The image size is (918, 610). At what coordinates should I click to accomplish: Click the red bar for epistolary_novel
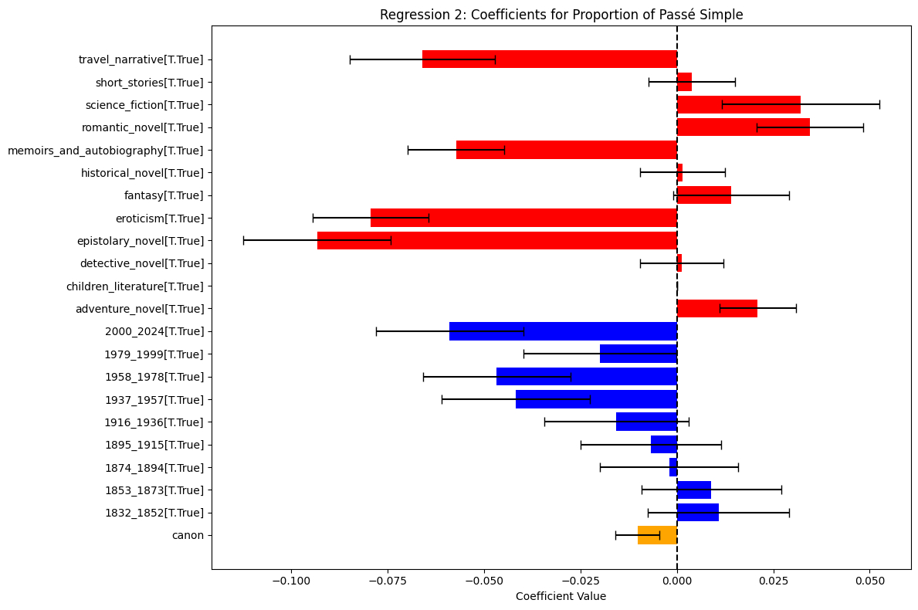coord(497,240)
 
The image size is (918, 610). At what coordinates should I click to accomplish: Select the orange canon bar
coord(657,535)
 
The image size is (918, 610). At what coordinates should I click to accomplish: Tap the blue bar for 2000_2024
coord(563,331)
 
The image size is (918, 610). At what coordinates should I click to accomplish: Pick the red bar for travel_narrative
coord(550,59)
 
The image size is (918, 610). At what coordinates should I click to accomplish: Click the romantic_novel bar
coord(744,127)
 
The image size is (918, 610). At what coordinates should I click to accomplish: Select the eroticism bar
coord(523,218)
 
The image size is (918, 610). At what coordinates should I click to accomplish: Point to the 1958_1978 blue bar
coord(587,377)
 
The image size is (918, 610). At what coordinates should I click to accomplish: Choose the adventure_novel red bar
coord(717,309)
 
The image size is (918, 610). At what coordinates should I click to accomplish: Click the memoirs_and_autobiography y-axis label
coord(106,151)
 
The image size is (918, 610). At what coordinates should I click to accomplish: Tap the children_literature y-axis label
coord(135,286)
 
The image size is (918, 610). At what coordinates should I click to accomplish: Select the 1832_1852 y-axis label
coord(154,513)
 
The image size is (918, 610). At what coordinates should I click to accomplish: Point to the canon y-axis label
coord(188,535)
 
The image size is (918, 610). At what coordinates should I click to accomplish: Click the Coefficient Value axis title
coord(561,597)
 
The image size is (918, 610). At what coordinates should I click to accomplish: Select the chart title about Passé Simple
coord(561,15)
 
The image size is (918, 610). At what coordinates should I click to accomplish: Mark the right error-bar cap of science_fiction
coord(879,104)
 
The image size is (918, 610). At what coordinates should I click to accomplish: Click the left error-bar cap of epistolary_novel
coord(243,240)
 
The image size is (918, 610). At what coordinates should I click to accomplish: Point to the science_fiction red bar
coord(739,104)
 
